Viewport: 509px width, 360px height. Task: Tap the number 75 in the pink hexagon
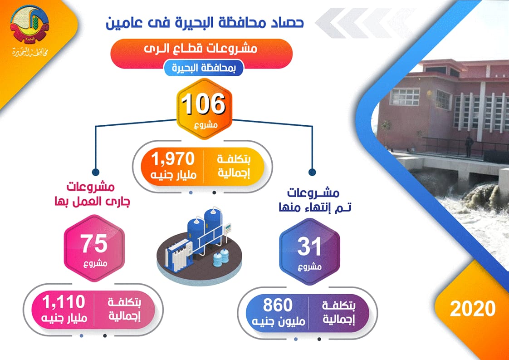click(94, 244)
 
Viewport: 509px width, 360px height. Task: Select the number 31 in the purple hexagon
click(309, 247)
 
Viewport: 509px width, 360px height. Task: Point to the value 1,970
click(173, 159)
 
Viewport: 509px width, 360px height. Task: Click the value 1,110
click(64, 302)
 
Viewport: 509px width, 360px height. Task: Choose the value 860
click(278, 305)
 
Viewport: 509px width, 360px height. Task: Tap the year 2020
click(473, 308)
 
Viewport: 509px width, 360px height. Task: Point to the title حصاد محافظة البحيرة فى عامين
click(205, 24)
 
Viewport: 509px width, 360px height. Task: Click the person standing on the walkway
click(469, 146)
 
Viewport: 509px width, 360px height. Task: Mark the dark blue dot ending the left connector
click(95, 172)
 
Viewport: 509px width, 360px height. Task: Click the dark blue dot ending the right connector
click(312, 172)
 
